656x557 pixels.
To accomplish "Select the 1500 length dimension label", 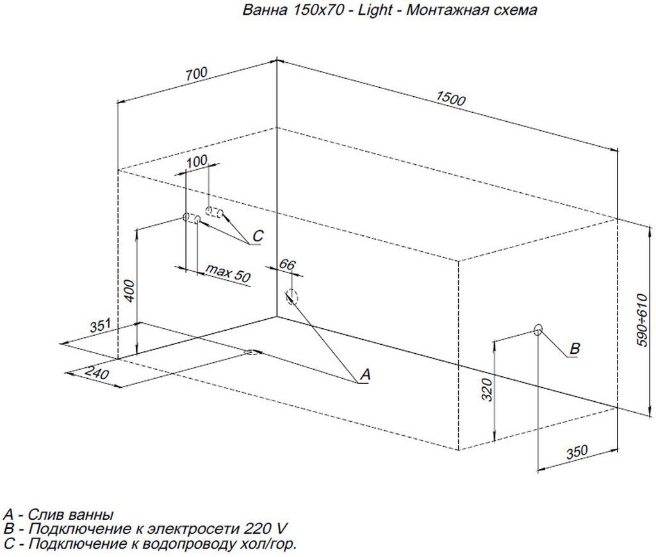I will (x=450, y=97).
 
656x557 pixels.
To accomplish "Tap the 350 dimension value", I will (x=577, y=452).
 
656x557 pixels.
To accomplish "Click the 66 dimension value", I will (x=288, y=265).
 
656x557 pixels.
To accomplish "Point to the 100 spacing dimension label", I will (x=197, y=161).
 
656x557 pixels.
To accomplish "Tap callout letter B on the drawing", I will (x=575, y=349).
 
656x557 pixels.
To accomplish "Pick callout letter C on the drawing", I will (x=257, y=237).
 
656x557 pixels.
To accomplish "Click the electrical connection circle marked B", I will (x=538, y=329).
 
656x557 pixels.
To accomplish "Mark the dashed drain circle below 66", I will (x=292, y=296).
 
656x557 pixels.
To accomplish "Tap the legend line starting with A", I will (x=59, y=515).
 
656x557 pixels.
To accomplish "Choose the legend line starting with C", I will (x=150, y=544).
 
